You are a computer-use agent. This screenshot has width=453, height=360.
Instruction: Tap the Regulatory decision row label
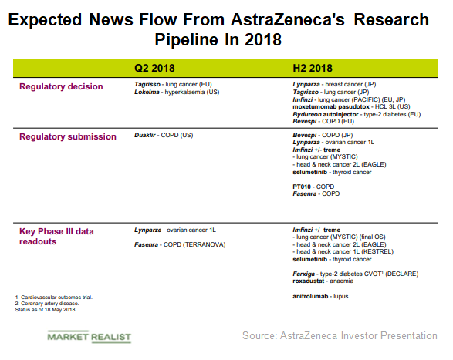pyautogui.click(x=62, y=86)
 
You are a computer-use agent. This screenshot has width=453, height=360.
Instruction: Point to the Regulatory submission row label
pyautogui.click(x=67, y=136)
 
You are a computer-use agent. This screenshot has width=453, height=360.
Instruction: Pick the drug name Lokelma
pyautogui.click(x=146, y=92)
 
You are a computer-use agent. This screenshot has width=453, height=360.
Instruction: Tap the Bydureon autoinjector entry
pyautogui.click(x=356, y=113)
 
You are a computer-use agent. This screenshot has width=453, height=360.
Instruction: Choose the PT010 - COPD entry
pyautogui.click(x=313, y=186)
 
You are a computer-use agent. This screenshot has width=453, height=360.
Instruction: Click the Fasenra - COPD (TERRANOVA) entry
pyautogui.click(x=179, y=244)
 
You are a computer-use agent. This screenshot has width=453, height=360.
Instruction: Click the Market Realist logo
pyautogui.click(x=89, y=337)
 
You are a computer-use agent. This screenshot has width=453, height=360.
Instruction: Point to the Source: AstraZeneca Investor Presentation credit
pyautogui.click(x=340, y=336)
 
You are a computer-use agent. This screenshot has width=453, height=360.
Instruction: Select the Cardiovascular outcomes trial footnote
pyautogui.click(x=51, y=297)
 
